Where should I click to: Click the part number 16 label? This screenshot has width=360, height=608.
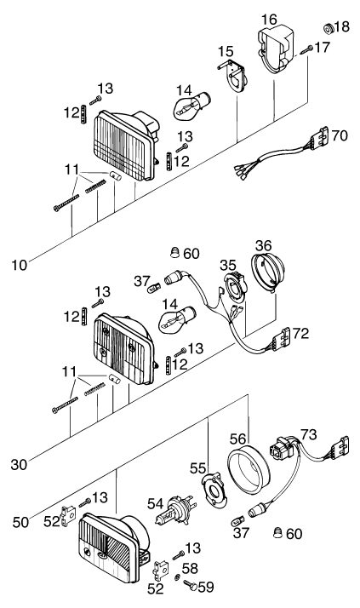pos(269,19)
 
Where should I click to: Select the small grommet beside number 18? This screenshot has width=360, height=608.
pos(329,28)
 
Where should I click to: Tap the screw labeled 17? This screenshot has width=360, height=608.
pos(306,50)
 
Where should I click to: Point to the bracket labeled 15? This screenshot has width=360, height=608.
pos(233,76)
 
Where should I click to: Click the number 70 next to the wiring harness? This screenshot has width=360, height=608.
pos(340,135)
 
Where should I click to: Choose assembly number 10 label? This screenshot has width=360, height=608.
pos(20,265)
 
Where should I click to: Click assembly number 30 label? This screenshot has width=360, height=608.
pos(20,465)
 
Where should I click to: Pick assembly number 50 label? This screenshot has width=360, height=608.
pos(20,522)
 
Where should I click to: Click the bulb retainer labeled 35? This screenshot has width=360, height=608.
pos(234,287)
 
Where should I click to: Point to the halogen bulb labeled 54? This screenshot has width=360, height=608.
pos(175,511)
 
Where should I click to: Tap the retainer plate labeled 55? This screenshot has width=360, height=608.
pos(214,490)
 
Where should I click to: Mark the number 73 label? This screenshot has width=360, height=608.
pos(308,434)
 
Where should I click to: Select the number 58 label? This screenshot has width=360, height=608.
pos(190,569)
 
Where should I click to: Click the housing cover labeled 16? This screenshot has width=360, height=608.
pos(276,49)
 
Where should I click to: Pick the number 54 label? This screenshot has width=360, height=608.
pos(156,503)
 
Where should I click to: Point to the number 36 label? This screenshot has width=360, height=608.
pos(264,246)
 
